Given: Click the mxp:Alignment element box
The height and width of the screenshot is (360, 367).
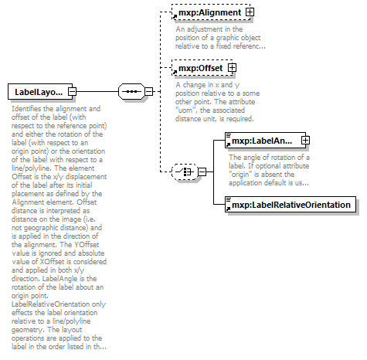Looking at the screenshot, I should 207,13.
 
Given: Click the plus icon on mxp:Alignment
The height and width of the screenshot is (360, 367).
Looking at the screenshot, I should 249,13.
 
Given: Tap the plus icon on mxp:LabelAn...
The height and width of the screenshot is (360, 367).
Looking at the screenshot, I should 305,140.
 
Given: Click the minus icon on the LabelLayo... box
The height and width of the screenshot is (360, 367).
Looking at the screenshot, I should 71,92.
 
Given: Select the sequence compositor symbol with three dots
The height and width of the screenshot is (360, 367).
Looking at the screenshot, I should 133,92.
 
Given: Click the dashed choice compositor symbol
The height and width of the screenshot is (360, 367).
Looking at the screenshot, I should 185,171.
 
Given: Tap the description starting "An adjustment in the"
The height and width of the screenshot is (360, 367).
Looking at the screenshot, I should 221,37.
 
